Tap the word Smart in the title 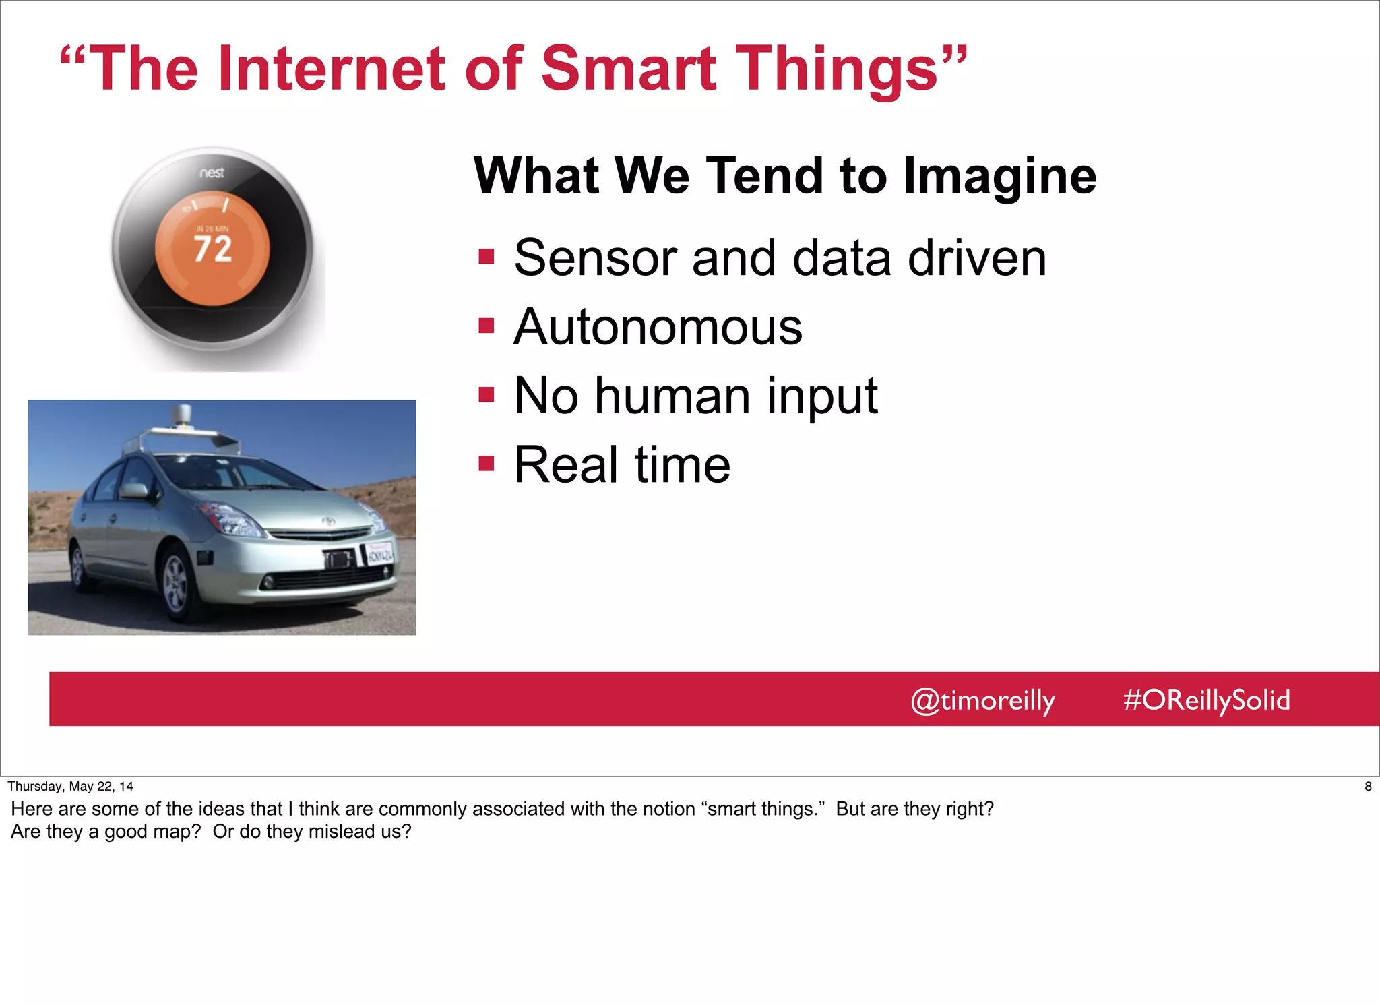pyautogui.click(x=629, y=69)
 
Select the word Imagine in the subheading pyautogui.click(x=1000, y=176)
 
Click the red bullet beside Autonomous pyautogui.click(x=486, y=326)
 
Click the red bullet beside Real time pyautogui.click(x=486, y=464)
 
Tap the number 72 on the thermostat pyautogui.click(x=213, y=249)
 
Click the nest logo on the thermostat pyautogui.click(x=212, y=173)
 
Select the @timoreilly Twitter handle pyautogui.click(x=982, y=700)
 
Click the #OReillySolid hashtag pyautogui.click(x=1206, y=700)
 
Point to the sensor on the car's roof pyautogui.click(x=182, y=415)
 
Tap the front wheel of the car pyautogui.click(x=177, y=581)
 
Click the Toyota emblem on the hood pyautogui.click(x=328, y=521)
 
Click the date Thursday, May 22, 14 pyautogui.click(x=71, y=786)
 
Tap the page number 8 pyautogui.click(x=1368, y=786)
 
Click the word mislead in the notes pyautogui.click(x=344, y=832)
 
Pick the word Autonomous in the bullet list pyautogui.click(x=658, y=327)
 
